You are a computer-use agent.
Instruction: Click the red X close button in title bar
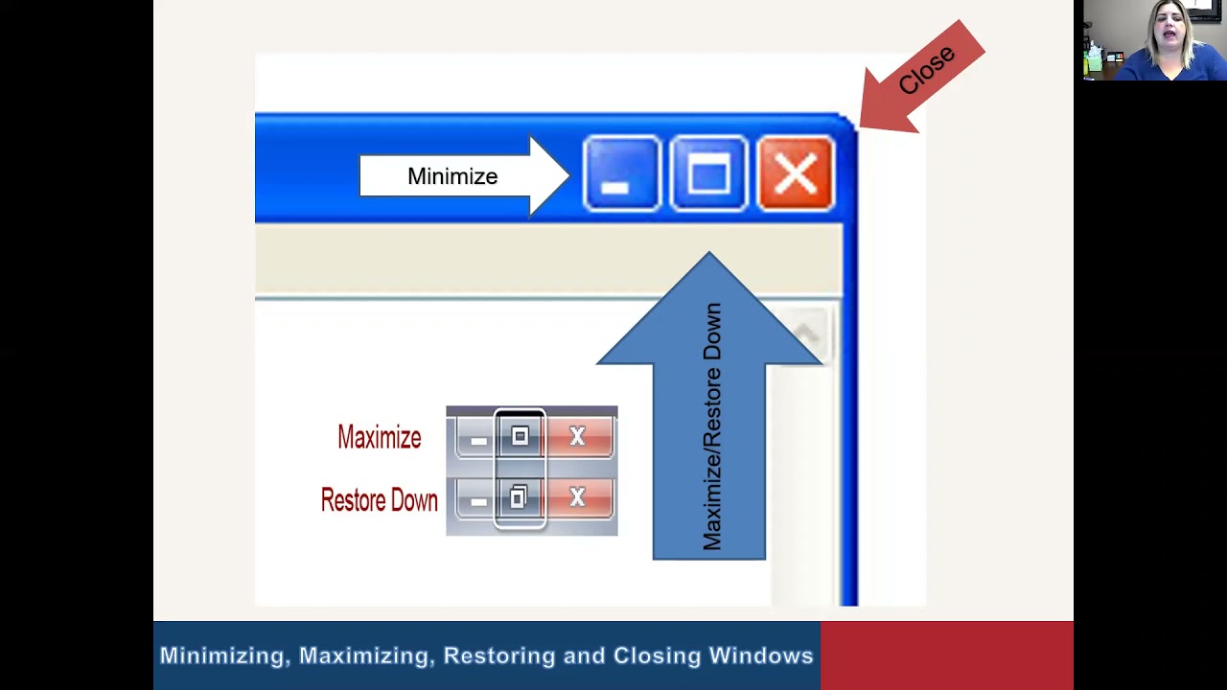tap(796, 174)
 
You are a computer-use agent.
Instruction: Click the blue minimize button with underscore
tap(621, 174)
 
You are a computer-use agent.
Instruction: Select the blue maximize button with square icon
tap(708, 174)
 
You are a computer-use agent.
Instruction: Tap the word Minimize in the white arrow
tap(452, 176)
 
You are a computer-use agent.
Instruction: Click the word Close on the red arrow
tap(927, 69)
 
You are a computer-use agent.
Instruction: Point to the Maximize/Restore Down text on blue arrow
tap(711, 426)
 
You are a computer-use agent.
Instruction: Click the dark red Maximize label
tap(380, 438)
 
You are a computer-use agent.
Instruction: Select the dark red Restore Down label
tap(379, 500)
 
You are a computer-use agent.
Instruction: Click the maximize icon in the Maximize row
tap(520, 437)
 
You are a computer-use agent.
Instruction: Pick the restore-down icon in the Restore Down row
tap(519, 497)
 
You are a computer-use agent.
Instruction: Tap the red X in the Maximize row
tap(577, 437)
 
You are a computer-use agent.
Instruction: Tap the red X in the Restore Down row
tap(577, 497)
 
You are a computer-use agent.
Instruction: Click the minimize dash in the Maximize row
tap(478, 440)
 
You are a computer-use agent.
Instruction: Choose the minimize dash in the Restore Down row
tap(478, 500)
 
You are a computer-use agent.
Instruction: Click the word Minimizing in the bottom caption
tap(223, 656)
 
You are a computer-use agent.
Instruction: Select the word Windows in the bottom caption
tap(761, 656)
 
